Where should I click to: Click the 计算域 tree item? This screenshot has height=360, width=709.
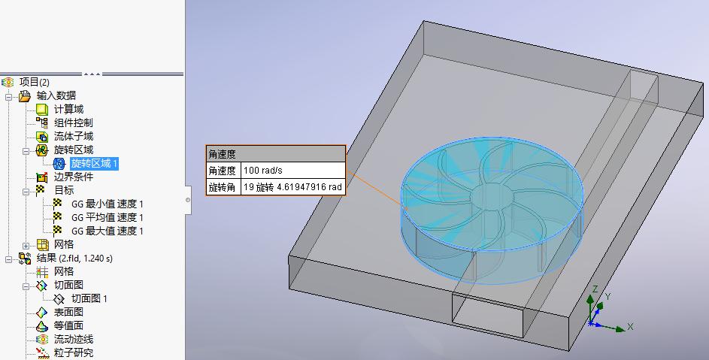point(68,109)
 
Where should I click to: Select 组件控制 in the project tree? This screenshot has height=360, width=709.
point(73,123)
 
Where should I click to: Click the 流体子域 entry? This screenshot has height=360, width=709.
point(73,136)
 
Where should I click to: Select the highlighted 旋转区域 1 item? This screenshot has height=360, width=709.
point(94,163)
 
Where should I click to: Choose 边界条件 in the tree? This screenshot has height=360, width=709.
point(73,177)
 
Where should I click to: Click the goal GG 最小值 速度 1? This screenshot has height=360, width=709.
point(108,204)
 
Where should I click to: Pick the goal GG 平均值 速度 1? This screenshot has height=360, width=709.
point(108,217)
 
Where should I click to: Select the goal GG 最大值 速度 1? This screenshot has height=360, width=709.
point(108,231)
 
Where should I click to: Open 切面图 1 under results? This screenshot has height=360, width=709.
point(89,298)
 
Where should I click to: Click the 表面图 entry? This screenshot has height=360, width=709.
point(68,312)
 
